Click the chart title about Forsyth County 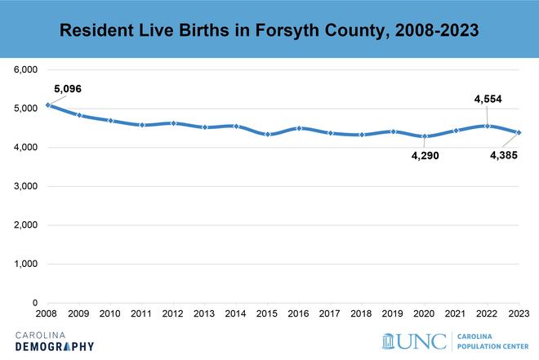(269, 30)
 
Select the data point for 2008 (48, 104)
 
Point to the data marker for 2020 (425, 136)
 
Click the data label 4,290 (425, 155)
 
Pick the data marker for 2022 (488, 126)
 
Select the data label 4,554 (488, 100)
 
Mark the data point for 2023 (519, 132)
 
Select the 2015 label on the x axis (268, 314)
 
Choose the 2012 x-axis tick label (174, 314)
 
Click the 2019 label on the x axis (394, 314)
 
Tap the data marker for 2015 (268, 134)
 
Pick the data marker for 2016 (300, 128)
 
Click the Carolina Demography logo (55, 340)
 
